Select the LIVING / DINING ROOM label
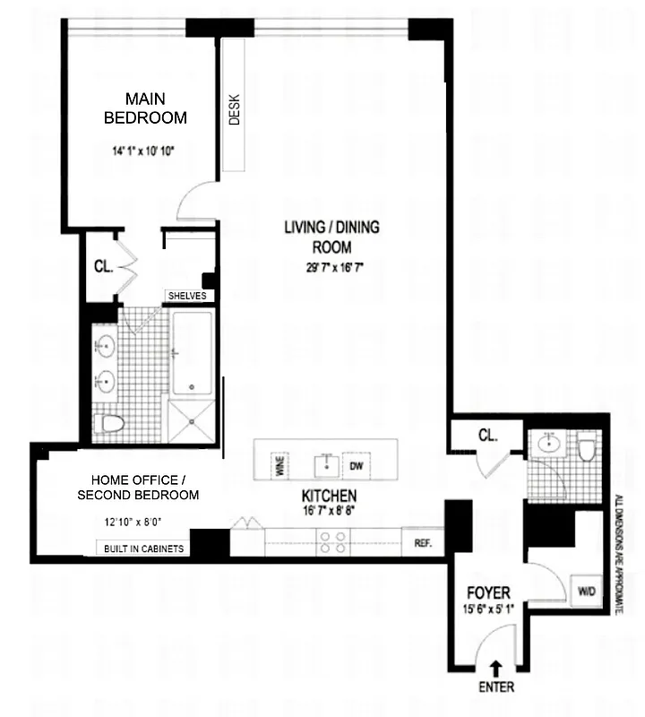[331, 237]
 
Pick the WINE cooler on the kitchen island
[279, 465]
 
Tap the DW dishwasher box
[356, 466]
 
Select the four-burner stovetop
[334, 542]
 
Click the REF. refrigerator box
[423, 543]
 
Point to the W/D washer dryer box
[587, 591]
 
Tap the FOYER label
[489, 592]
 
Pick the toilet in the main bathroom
[109, 423]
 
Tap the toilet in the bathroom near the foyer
[587, 446]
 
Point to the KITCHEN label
[330, 496]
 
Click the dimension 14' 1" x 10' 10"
[144, 151]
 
